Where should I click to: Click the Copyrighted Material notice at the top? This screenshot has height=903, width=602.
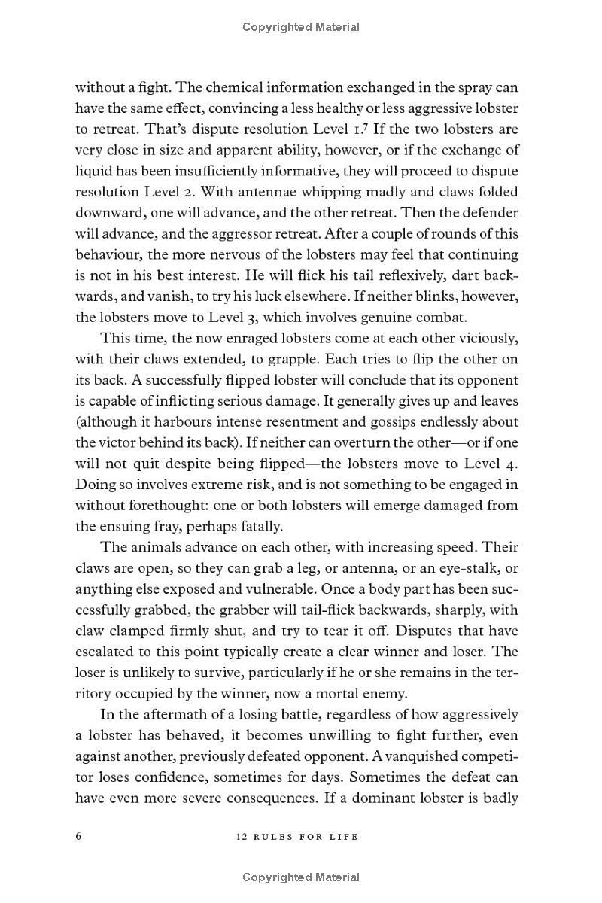point(301,27)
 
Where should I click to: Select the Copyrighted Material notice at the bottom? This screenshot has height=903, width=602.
point(301,877)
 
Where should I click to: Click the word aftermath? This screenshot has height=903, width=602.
point(166,714)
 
